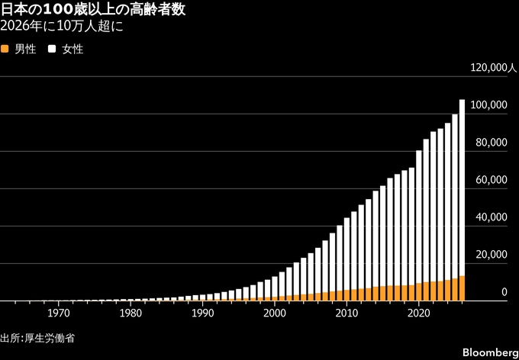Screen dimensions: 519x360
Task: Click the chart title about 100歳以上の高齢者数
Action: click(93, 10)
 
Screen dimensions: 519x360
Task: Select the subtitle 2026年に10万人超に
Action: click(62, 27)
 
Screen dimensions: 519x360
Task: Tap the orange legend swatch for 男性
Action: click(5, 50)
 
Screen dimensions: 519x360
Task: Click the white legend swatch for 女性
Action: click(52, 50)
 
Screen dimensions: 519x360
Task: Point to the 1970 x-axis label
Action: click(59, 313)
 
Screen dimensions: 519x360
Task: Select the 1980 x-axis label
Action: click(131, 313)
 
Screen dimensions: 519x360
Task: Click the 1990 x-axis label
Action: click(202, 313)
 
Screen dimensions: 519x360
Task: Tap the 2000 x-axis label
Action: click(275, 313)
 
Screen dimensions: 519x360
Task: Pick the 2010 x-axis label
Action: click(347, 313)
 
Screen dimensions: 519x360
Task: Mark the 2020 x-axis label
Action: click(419, 313)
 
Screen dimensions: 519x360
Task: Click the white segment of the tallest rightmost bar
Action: click(462, 188)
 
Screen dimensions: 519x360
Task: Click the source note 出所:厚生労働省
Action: click(37, 339)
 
